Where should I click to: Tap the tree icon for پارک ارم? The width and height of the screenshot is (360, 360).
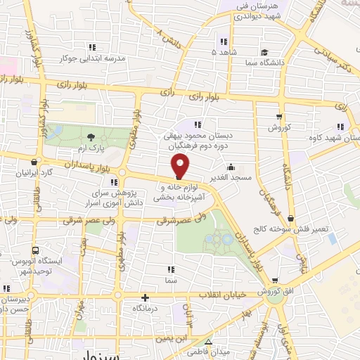point(90,137)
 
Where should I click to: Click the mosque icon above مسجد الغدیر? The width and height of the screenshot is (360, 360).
point(232,167)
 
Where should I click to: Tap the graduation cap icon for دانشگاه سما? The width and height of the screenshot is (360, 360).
point(264,52)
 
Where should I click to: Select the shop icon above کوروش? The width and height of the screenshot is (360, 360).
point(280,117)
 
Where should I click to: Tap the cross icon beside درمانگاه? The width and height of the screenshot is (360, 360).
point(145,297)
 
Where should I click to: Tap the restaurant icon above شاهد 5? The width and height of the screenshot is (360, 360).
point(224,40)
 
